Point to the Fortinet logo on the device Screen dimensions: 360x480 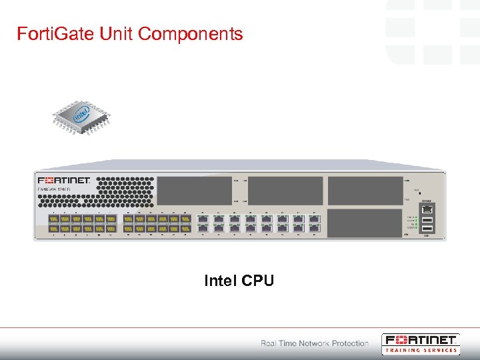coord(64,180)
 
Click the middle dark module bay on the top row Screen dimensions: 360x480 coord(286,190)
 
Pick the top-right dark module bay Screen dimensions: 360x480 coord(365,190)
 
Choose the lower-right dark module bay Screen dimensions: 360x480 coord(365,223)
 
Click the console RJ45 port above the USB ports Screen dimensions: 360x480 coord(427,209)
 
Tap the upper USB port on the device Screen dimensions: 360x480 coord(427,219)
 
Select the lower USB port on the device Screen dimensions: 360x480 coord(427,229)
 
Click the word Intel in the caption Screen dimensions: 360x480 coord(221,281)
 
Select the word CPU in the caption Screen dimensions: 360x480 coord(258,281)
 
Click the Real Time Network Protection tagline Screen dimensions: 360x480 coord(314,343)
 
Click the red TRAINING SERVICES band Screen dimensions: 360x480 coord(421,350)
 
